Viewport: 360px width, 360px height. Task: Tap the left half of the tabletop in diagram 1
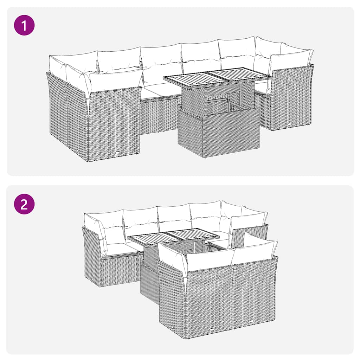(x=186, y=78)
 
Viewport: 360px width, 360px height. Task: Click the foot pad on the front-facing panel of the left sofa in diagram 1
(x=117, y=153)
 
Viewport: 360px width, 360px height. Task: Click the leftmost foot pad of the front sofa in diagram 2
(x=173, y=327)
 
